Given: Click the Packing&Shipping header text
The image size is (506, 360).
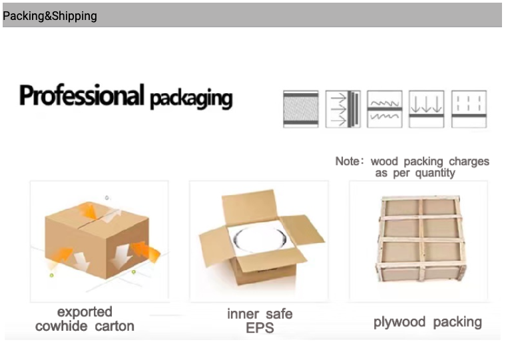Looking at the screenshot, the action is (x=50, y=16).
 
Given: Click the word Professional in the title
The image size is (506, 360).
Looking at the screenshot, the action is (x=82, y=95).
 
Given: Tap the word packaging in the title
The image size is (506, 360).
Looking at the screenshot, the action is (x=191, y=98).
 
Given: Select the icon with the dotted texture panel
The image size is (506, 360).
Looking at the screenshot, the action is (x=301, y=109).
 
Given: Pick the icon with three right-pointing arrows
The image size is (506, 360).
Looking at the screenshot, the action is (x=343, y=109).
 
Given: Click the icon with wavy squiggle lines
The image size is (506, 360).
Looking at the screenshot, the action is (x=385, y=109).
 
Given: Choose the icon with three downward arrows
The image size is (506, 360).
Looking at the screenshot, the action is (x=427, y=109).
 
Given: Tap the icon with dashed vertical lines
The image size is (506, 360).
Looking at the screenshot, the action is (x=469, y=109).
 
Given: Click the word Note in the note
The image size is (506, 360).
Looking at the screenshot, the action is (x=348, y=161).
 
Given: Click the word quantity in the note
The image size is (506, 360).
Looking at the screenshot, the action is (x=435, y=173).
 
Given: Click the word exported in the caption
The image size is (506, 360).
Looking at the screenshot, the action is (x=85, y=312).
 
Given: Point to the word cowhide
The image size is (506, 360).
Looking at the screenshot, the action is (x=61, y=326).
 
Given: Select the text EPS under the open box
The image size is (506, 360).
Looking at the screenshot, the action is (x=260, y=328).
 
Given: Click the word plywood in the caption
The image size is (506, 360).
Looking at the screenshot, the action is (x=399, y=322).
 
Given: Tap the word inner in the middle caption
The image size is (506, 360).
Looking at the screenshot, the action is (x=243, y=314).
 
